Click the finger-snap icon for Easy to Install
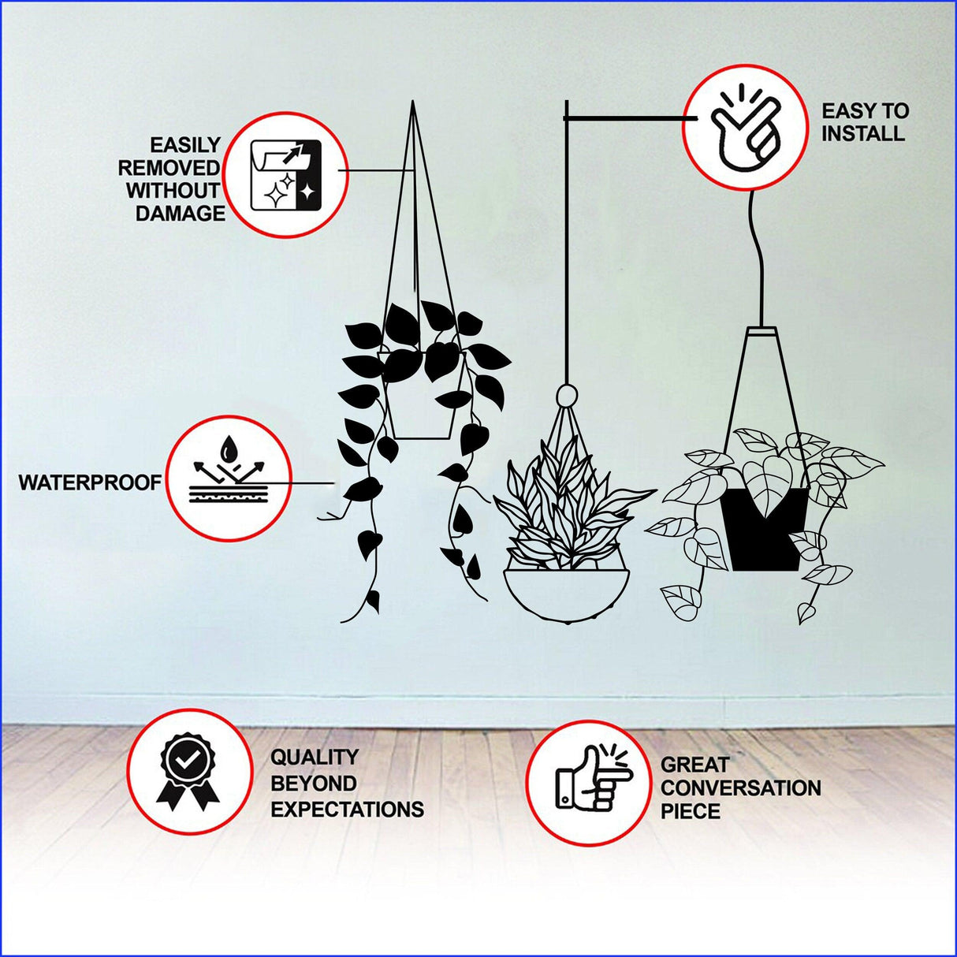[745, 128]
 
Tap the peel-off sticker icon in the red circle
[285, 175]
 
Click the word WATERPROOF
[90, 482]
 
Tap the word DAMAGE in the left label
[181, 213]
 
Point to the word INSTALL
[862, 133]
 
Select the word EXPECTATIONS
[347, 810]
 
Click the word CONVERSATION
[740, 788]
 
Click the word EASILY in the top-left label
[185, 145]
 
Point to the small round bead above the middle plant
[565, 394]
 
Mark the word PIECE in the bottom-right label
[690, 811]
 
